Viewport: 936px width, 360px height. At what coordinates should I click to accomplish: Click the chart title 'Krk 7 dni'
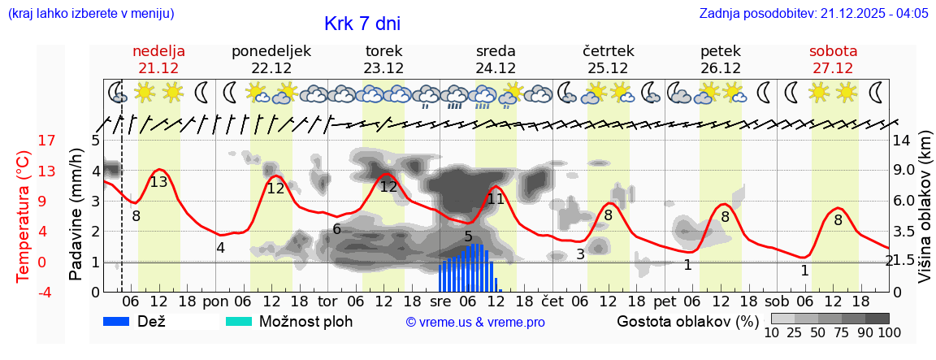coord(362,24)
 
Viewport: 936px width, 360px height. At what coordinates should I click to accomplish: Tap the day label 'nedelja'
coord(159,51)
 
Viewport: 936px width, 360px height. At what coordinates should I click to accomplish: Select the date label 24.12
coord(496,68)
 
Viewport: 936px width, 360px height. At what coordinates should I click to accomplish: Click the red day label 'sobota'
coord(833,51)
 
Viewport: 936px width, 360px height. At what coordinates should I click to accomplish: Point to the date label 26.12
coord(721,68)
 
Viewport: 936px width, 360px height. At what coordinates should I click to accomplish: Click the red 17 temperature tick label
coord(24,141)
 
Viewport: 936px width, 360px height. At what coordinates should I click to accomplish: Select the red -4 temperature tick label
coord(24,293)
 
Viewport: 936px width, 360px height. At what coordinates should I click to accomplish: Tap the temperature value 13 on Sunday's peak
coord(158,182)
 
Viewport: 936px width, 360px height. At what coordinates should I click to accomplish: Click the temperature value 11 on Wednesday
coord(496,198)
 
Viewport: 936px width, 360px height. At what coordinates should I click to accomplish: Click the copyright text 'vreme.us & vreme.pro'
coord(475,322)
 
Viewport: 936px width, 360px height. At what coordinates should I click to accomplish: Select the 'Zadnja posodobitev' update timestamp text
coord(813,14)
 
